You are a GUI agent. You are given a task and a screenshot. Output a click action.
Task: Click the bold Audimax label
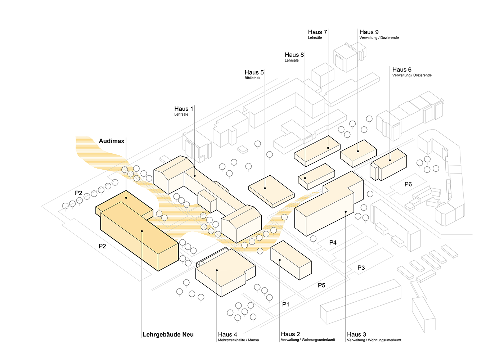[112, 141]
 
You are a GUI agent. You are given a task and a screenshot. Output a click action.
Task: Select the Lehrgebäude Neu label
[168, 334]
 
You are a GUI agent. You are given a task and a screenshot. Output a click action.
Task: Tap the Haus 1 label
[184, 109]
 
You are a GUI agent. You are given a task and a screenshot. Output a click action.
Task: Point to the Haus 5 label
[254, 72]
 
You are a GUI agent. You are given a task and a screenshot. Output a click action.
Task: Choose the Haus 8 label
[294, 55]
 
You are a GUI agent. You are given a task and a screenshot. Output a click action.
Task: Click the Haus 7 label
[317, 32]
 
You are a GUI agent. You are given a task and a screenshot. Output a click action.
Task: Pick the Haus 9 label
[369, 32]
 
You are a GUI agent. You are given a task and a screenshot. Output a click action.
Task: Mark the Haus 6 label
[402, 69]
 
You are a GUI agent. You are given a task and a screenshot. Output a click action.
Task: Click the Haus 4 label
[228, 334]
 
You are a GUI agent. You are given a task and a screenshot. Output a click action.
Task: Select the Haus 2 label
[290, 334]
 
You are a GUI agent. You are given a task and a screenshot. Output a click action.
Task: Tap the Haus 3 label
[356, 334]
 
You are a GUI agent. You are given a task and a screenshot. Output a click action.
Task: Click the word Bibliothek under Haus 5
[252, 78]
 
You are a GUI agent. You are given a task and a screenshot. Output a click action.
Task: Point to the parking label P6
[408, 184]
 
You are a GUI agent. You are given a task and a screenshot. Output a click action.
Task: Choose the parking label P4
[333, 243]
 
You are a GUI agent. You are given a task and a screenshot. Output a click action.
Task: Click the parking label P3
[361, 268]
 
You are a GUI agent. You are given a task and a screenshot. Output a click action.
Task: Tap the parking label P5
[321, 285]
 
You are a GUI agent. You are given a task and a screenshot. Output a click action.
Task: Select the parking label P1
[285, 305]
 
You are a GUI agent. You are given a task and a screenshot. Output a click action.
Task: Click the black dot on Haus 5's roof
[265, 188]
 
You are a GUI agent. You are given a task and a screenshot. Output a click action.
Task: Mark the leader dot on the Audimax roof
[126, 197]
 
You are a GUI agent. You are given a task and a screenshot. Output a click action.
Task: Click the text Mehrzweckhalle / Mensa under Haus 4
[238, 340]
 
